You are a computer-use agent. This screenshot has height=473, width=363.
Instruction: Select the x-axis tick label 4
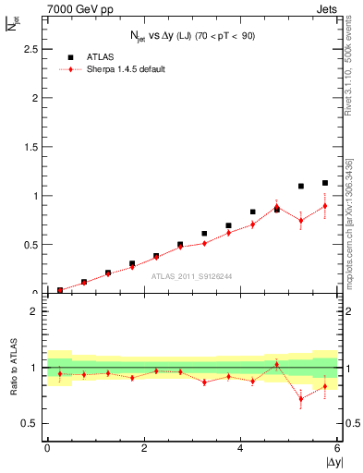(x=241, y=448)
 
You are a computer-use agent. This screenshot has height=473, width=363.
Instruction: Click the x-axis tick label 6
(x=338, y=448)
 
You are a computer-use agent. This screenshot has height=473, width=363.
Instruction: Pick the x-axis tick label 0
(x=47, y=448)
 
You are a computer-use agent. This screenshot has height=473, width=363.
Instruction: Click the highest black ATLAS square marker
(x=325, y=183)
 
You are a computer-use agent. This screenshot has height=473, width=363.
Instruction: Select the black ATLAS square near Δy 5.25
(x=301, y=186)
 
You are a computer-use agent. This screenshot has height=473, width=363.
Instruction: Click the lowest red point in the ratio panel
(x=301, y=399)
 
